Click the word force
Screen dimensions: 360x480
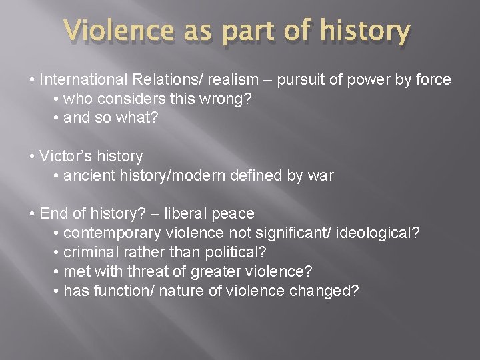coord(433,80)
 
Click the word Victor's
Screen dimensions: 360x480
coord(67,157)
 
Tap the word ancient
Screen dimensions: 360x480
coord(87,176)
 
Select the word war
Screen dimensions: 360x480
coord(321,176)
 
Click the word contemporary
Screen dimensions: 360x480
coord(113,233)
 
